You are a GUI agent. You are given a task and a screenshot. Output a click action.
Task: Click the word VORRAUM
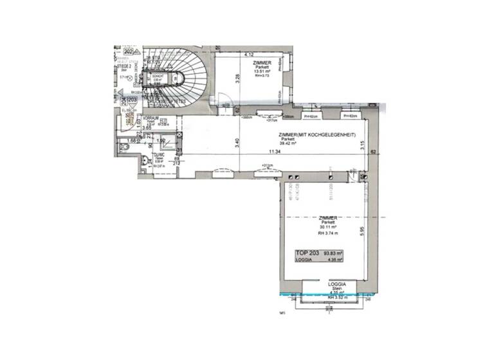click(x=151, y=118)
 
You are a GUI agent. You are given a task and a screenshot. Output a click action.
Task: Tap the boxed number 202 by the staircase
click(x=128, y=51)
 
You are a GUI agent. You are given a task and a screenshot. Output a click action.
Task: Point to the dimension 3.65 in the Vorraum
click(x=147, y=129)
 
